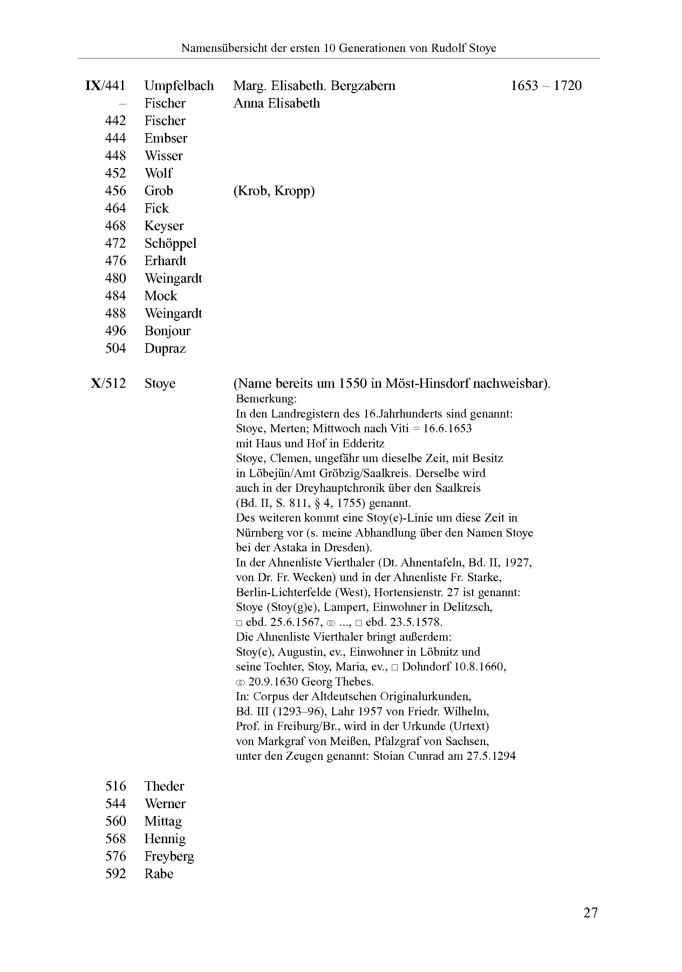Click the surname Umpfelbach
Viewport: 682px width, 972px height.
coord(179,86)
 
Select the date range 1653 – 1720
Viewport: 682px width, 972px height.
coord(546,86)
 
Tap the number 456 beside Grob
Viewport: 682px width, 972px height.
coord(115,191)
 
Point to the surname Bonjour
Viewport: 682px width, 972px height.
coord(167,331)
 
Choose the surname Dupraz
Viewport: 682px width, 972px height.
coord(165,349)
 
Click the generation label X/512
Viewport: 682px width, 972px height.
coord(108,384)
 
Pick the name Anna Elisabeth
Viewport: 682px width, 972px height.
coord(277,103)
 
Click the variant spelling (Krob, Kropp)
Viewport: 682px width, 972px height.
coord(274,191)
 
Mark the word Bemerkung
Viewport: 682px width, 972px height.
coord(266,399)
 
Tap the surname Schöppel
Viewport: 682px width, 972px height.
coord(170,243)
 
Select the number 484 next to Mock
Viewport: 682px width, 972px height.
coord(115,296)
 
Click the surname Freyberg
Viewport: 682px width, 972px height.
coord(169,856)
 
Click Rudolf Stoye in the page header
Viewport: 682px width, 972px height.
coord(463,48)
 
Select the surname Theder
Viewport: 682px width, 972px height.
coord(164,786)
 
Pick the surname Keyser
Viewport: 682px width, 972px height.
coord(164,226)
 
